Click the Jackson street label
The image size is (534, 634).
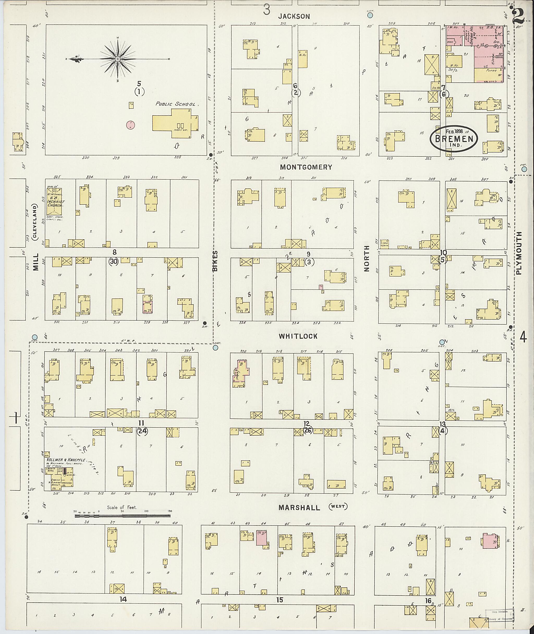click(294, 16)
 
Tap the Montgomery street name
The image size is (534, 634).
click(306, 167)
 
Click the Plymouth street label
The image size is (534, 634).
click(519, 253)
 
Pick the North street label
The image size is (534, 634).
click(367, 258)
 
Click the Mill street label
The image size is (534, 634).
click(36, 262)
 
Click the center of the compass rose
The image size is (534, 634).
click(118, 58)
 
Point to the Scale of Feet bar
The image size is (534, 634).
click(123, 515)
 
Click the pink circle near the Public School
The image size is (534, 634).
click(130, 125)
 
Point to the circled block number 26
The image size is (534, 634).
click(308, 430)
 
